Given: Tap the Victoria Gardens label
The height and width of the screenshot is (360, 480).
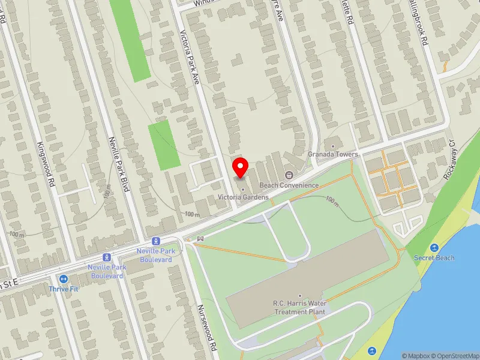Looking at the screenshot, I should [x=243, y=197].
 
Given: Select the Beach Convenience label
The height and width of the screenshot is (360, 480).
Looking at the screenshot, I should [x=289, y=185].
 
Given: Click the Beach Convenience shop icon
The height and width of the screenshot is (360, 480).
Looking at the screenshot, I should [x=289, y=175].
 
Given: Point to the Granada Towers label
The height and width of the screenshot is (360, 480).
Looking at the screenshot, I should [x=333, y=154].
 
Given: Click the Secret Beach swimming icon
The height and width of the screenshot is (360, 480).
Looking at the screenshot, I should [x=434, y=247].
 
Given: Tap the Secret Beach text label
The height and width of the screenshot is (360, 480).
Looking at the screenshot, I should [x=434, y=258].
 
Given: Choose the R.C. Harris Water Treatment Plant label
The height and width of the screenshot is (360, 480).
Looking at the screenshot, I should [x=300, y=308].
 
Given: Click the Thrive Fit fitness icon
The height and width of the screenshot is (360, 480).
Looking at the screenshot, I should [x=63, y=278].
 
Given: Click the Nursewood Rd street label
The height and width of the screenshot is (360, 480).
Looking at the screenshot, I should [x=207, y=326].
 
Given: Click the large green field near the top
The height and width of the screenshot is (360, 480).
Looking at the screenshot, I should [x=130, y=39].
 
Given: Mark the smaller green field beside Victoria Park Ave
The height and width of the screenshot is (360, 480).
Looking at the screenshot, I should [x=164, y=144].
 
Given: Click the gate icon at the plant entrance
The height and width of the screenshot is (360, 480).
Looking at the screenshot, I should [x=200, y=239].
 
